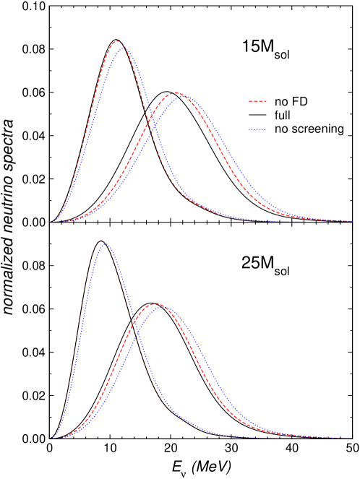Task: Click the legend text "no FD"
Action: pos(291,102)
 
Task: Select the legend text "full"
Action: pos(282,116)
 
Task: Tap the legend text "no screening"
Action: pos(309,129)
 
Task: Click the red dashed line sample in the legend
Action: pos(257,102)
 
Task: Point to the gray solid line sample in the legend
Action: pos(257,116)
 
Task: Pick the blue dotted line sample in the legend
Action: pos(257,129)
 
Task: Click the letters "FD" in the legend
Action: pos(299,102)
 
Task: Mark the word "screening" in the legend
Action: pos(317,130)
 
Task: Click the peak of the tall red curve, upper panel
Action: pos(118,41)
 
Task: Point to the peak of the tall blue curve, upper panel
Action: pos(122,43)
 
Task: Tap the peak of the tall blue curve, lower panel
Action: pos(106,244)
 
